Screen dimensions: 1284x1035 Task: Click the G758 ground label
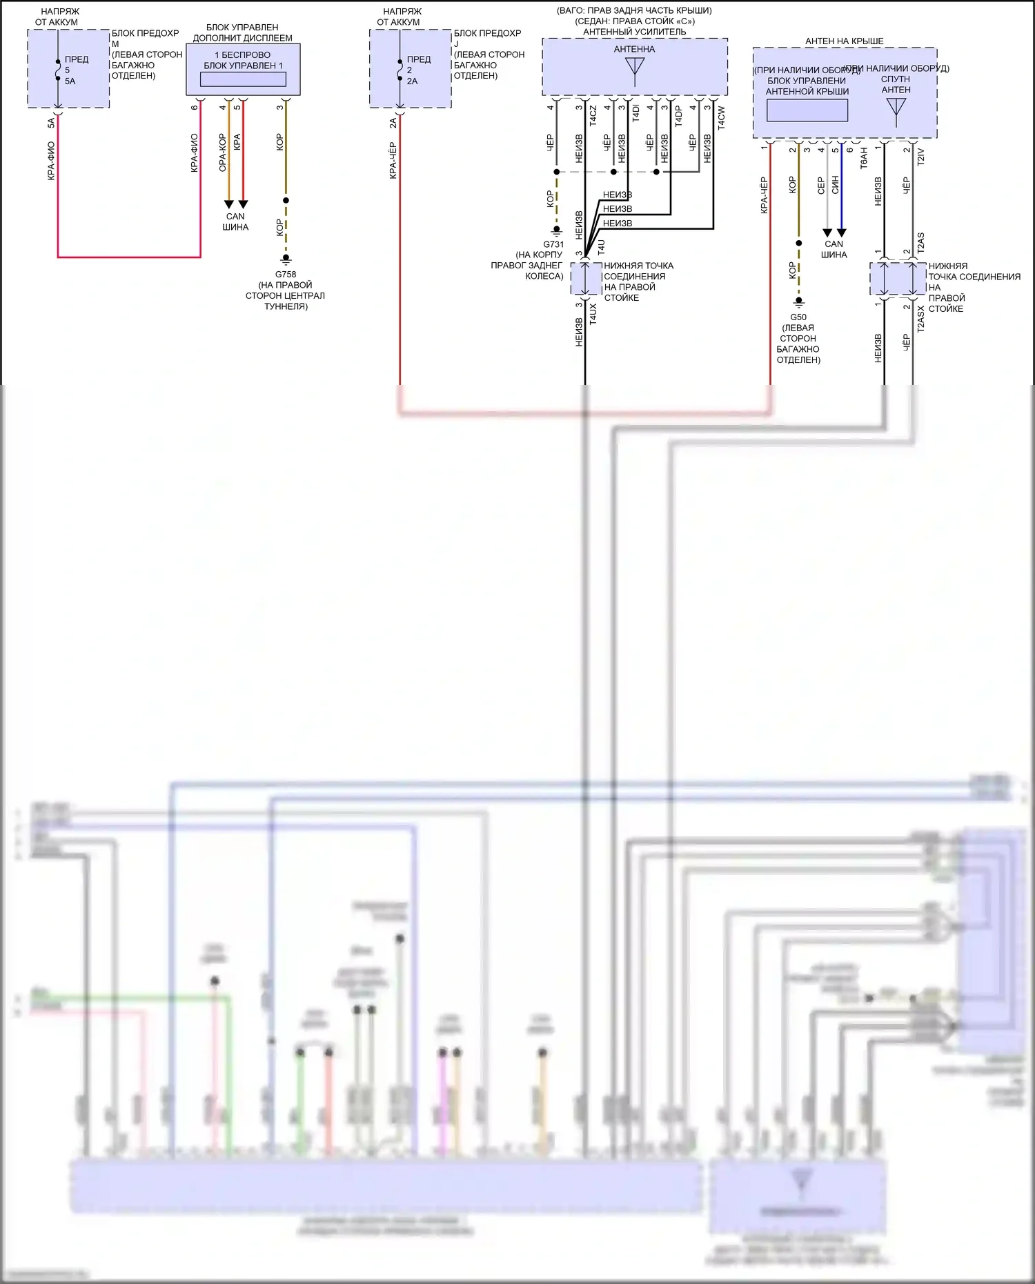click(286, 274)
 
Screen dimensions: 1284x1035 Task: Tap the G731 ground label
click(553, 244)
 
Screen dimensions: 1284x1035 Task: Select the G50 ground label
click(798, 317)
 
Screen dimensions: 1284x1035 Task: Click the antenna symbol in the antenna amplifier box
click(634, 68)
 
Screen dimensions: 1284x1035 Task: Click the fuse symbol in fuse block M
click(58, 70)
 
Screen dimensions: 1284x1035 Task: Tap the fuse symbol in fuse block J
click(400, 70)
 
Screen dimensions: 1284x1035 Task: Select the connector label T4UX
click(593, 314)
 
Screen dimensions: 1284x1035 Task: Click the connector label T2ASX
click(920, 319)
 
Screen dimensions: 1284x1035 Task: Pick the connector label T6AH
click(864, 159)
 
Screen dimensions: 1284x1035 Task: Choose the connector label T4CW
click(721, 117)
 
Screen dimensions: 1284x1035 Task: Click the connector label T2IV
click(920, 157)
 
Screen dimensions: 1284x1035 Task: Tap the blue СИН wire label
click(835, 184)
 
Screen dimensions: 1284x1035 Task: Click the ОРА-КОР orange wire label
click(222, 152)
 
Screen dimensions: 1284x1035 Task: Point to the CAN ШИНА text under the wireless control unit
click(235, 221)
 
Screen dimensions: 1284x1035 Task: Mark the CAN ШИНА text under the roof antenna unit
click(834, 249)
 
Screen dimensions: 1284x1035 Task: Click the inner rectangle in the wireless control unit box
click(243, 79)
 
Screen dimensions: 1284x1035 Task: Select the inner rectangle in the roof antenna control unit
click(807, 110)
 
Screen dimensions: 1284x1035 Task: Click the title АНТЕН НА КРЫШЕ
click(844, 41)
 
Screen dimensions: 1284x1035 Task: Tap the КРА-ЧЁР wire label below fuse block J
click(393, 161)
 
